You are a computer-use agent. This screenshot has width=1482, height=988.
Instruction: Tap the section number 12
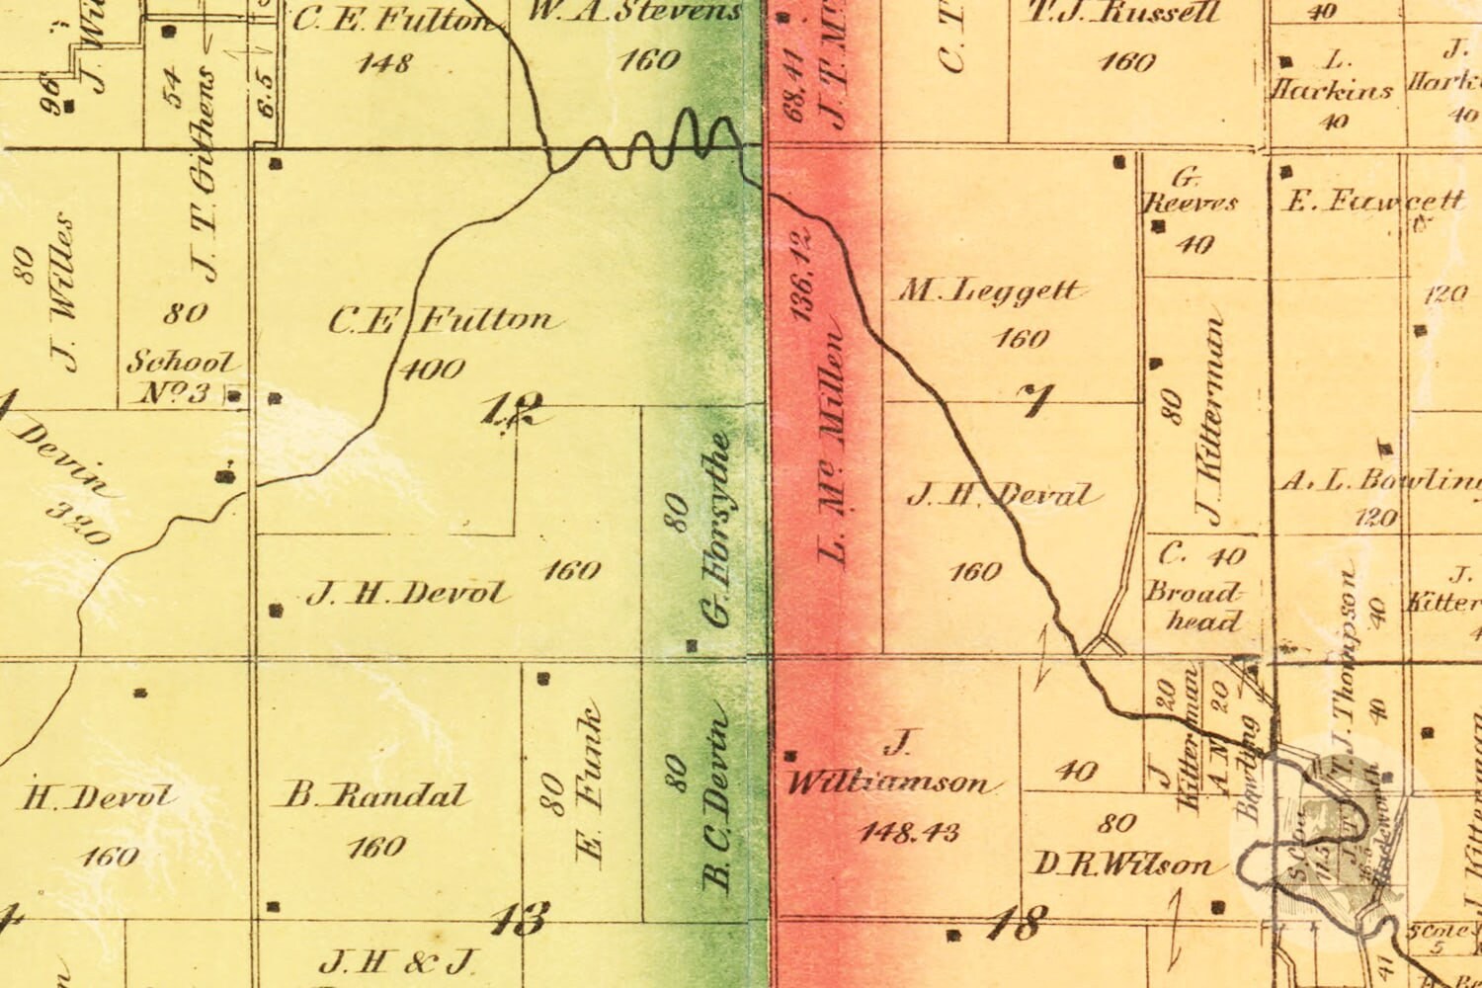(x=512, y=408)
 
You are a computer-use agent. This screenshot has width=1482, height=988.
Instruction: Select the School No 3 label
(x=182, y=377)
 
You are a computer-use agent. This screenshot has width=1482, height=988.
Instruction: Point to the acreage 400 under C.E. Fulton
(x=433, y=370)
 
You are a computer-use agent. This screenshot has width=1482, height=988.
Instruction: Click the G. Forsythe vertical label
(x=716, y=529)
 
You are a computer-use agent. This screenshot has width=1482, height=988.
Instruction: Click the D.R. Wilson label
(x=1122, y=865)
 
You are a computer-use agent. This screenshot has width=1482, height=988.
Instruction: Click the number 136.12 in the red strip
(x=800, y=274)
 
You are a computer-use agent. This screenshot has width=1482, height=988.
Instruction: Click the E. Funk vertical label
(x=590, y=785)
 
